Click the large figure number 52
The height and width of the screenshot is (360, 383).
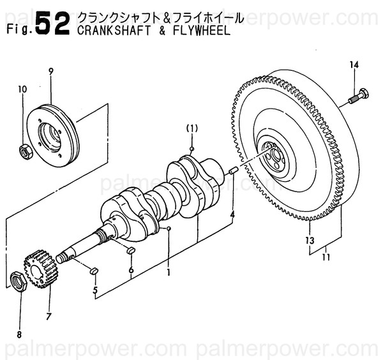[52, 25]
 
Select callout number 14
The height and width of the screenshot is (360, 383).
[355, 64]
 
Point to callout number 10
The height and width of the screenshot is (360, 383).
[22, 89]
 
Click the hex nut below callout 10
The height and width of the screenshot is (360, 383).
[24, 151]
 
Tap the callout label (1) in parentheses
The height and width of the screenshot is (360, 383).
[191, 128]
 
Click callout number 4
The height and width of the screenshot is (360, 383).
[232, 216]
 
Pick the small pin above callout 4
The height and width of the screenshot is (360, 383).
[233, 170]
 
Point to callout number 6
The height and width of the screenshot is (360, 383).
[131, 270]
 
